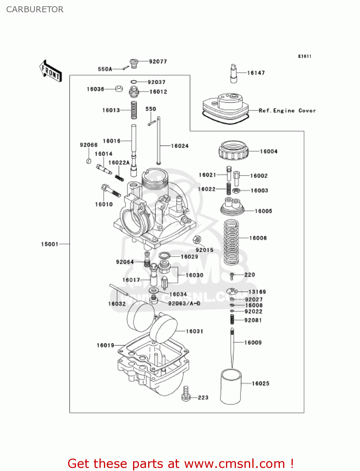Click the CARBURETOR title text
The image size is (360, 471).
(35, 9)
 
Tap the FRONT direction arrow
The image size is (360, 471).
(51, 71)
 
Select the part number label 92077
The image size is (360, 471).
(158, 62)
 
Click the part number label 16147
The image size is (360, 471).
(256, 73)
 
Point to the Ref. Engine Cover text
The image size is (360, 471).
(287, 111)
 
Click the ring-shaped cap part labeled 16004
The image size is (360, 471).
(233, 150)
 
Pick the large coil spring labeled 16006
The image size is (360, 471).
(231, 242)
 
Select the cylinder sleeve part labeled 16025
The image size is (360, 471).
(231, 387)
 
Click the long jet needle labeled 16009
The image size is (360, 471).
(232, 347)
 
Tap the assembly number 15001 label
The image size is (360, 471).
(50, 244)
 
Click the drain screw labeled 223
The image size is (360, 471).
(186, 394)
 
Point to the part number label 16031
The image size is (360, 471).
(194, 331)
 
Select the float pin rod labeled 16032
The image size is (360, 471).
(119, 290)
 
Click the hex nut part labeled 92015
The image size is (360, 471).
(196, 240)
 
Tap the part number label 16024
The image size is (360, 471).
(180, 146)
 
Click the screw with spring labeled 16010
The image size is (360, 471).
(111, 191)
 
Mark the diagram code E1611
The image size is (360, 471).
(304, 56)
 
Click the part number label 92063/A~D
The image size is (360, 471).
(184, 303)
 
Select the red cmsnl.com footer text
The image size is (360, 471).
(180, 463)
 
